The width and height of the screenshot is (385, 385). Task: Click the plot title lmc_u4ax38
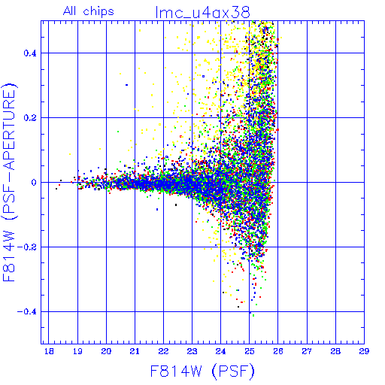(203, 12)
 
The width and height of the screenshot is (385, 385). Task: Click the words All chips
(89, 11)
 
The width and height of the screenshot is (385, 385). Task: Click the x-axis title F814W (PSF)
(202, 371)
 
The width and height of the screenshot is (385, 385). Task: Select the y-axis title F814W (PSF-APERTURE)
(9, 182)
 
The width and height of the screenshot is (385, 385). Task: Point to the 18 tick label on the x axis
(49, 351)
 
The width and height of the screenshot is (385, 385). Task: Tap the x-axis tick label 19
(77, 351)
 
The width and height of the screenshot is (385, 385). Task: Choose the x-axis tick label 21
(135, 351)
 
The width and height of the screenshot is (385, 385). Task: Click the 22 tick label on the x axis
(163, 351)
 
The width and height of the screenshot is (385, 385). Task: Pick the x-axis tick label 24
(220, 351)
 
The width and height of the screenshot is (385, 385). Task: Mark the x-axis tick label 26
(278, 351)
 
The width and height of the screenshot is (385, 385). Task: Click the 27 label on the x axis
(307, 351)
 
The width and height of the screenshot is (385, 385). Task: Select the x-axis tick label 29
(364, 351)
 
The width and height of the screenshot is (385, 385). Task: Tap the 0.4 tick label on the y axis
(30, 53)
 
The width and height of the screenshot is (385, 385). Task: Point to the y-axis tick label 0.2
(30, 118)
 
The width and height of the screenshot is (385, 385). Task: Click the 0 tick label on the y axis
(34, 183)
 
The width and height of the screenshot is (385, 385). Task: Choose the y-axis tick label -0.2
(26, 247)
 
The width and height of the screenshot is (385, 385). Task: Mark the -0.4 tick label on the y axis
(26, 312)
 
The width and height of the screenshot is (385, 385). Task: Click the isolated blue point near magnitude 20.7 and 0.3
(127, 85)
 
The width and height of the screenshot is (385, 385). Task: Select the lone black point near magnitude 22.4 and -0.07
(176, 205)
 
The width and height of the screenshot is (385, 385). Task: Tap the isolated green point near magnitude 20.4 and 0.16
(118, 132)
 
